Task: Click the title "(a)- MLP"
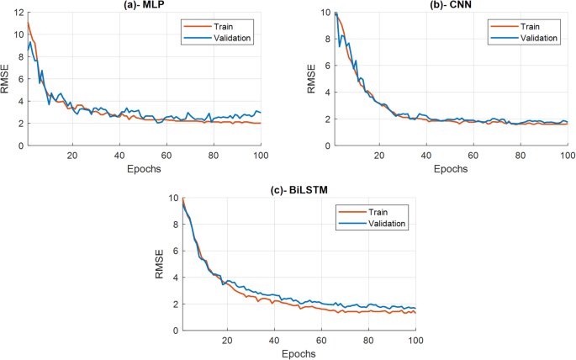[144, 5]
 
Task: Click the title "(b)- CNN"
[452, 5]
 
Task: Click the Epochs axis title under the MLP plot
[144, 168]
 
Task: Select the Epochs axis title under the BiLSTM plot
[299, 354]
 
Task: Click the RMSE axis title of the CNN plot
[311, 79]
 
